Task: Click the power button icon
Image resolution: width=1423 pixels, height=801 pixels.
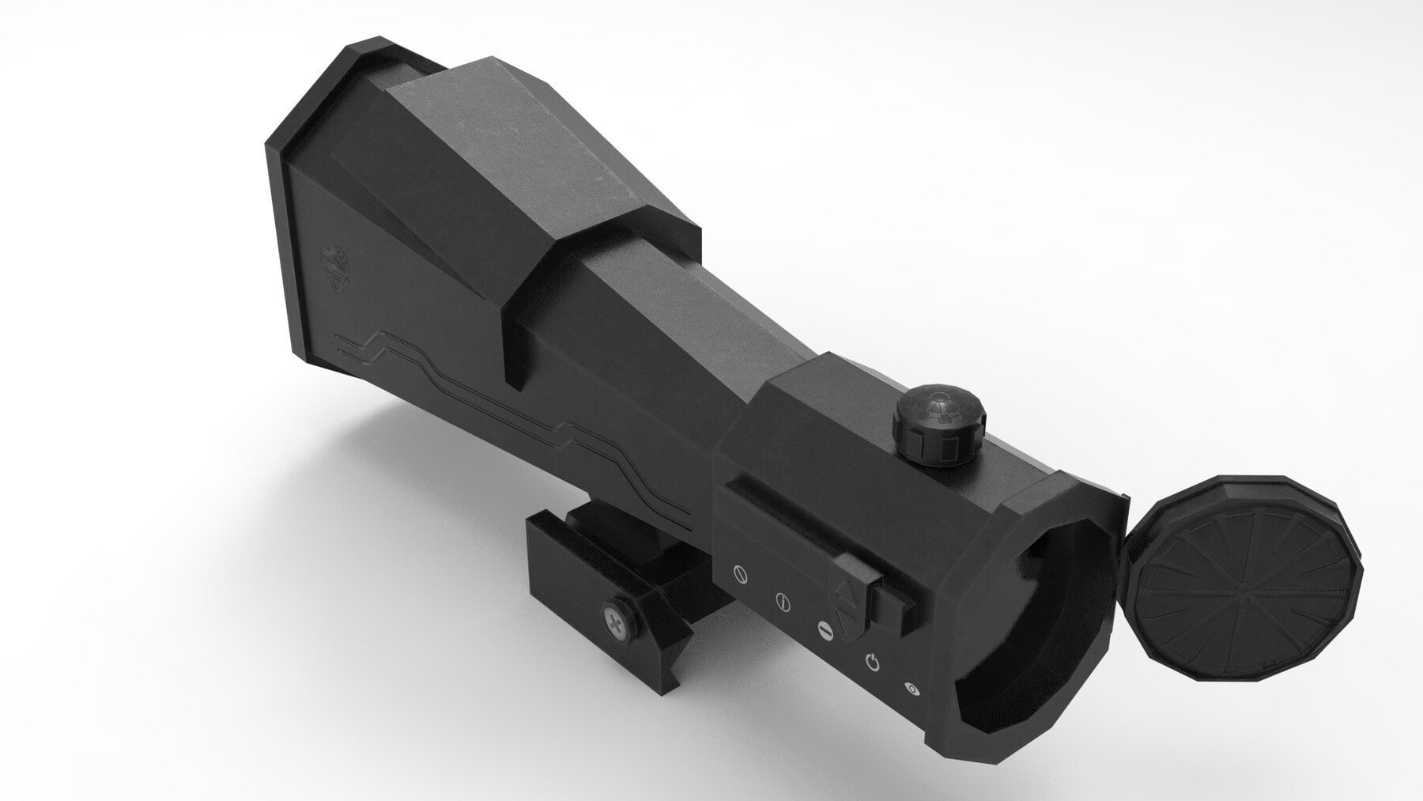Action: (873, 661)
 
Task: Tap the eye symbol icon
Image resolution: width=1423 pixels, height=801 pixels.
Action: (912, 690)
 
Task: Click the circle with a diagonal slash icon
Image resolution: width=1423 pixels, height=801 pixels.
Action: (740, 575)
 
